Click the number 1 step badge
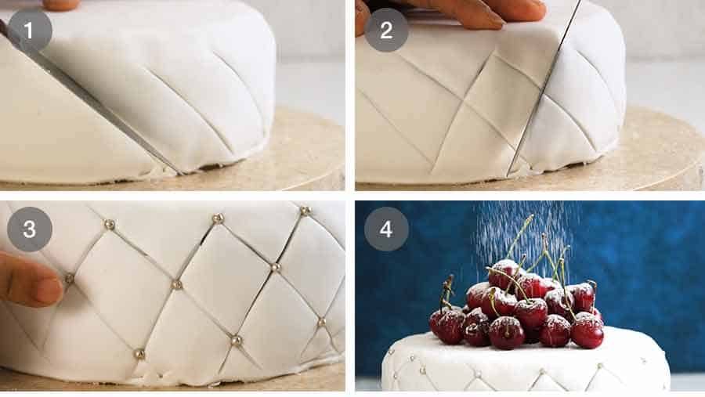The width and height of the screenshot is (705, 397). point(30,31)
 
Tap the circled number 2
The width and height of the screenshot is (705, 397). point(385,31)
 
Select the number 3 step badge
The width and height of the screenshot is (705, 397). point(30,229)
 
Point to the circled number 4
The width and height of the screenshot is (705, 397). point(385,229)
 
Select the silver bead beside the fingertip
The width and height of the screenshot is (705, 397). point(69,278)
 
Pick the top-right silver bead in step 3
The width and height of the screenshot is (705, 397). point(305,211)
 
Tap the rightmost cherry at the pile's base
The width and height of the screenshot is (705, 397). point(587,330)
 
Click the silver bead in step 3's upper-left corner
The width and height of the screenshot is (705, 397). point(110,225)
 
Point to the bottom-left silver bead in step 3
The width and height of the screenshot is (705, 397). point(139,354)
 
